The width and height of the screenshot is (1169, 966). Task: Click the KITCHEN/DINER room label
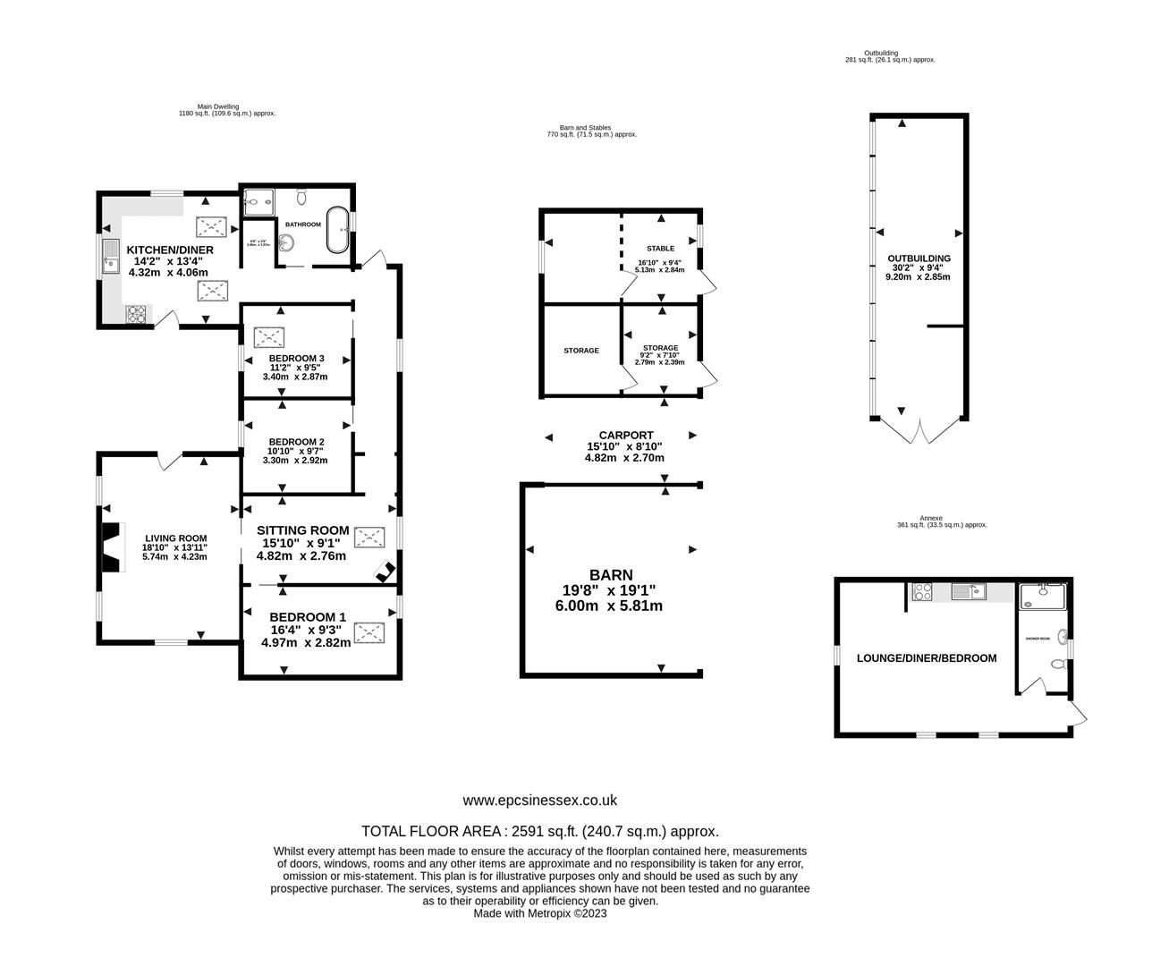(x=170, y=250)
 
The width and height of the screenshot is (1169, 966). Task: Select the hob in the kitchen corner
(x=138, y=314)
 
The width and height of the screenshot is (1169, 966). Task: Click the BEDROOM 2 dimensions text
(x=295, y=456)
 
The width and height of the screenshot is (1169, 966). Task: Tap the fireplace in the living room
(x=109, y=545)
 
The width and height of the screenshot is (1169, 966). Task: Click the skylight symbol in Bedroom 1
(x=368, y=633)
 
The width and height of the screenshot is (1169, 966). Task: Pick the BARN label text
(x=611, y=575)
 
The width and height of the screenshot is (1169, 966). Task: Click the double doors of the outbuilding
(x=919, y=431)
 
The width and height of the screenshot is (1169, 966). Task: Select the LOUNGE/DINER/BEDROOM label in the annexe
(x=926, y=658)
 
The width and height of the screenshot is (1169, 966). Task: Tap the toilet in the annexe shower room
(x=1058, y=665)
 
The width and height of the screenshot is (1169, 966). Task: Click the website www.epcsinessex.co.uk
(x=539, y=801)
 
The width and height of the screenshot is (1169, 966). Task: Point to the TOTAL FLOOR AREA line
(x=539, y=831)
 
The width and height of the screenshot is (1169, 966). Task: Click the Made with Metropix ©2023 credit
(x=539, y=914)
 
